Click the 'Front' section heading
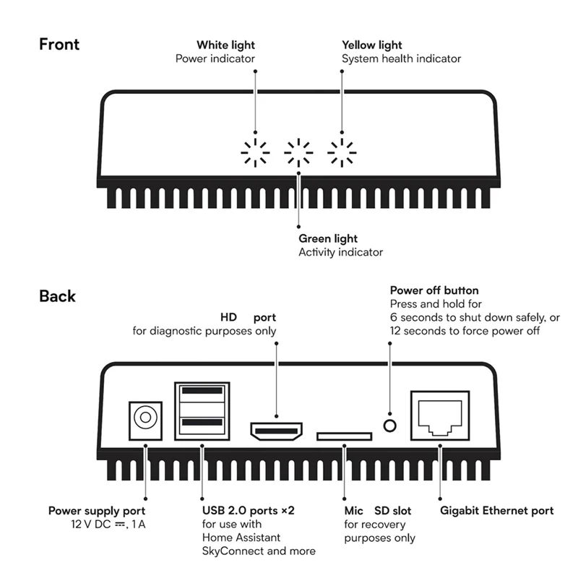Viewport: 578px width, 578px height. (59, 44)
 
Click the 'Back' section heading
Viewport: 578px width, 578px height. (57, 296)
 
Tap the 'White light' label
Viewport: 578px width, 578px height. (225, 45)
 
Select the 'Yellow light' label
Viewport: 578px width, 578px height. (372, 45)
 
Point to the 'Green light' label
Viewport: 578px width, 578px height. (328, 238)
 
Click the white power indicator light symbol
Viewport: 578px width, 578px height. (255, 152)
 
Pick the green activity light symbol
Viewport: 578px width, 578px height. (298, 152)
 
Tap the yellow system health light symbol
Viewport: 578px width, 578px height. (342, 152)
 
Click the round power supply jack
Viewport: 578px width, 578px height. (145, 418)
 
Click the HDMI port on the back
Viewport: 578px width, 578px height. (277, 431)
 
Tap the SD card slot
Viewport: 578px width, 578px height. (345, 436)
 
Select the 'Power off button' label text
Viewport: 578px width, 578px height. (433, 290)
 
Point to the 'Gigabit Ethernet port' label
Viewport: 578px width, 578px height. (497, 511)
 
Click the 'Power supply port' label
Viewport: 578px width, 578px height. (97, 511)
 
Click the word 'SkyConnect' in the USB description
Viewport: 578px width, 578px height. (230, 551)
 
